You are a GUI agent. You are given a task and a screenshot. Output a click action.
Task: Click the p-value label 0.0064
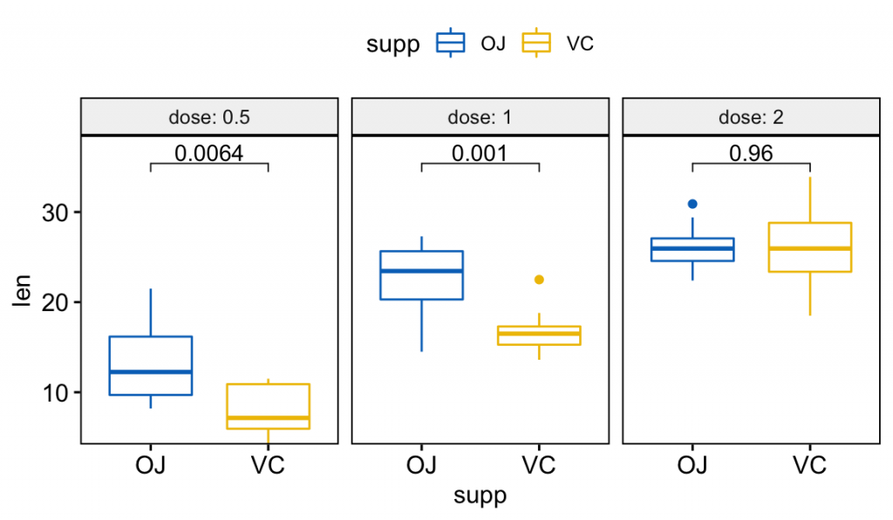(208, 153)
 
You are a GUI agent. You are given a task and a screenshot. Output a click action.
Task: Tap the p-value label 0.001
(479, 153)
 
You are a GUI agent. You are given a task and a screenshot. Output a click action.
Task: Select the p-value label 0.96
(751, 153)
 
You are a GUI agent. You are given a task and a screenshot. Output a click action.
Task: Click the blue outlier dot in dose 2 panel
(692, 204)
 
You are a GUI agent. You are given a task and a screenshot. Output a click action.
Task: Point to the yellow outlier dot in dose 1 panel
(539, 280)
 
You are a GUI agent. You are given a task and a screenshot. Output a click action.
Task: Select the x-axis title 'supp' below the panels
(480, 496)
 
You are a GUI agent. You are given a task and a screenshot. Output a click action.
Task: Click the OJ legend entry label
(493, 44)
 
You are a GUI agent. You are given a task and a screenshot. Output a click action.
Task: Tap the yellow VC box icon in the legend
(536, 43)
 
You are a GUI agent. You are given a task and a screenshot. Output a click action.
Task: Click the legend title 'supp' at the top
(393, 44)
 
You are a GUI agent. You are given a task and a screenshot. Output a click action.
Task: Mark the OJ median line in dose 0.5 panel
(150, 372)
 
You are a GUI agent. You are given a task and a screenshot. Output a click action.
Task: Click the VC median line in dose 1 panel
(539, 334)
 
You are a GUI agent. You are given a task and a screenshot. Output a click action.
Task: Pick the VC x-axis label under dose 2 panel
(810, 464)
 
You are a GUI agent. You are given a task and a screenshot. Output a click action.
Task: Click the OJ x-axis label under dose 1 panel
(421, 464)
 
